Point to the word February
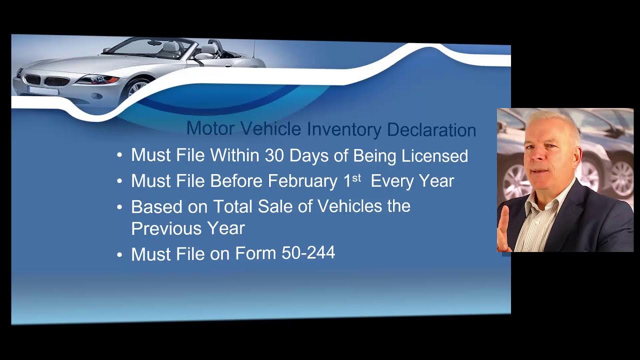[302, 181]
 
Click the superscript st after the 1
[356, 177]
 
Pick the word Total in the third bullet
[233, 206]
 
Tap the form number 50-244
[308, 253]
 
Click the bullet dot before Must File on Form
[119, 255]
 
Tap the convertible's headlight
[97, 79]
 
